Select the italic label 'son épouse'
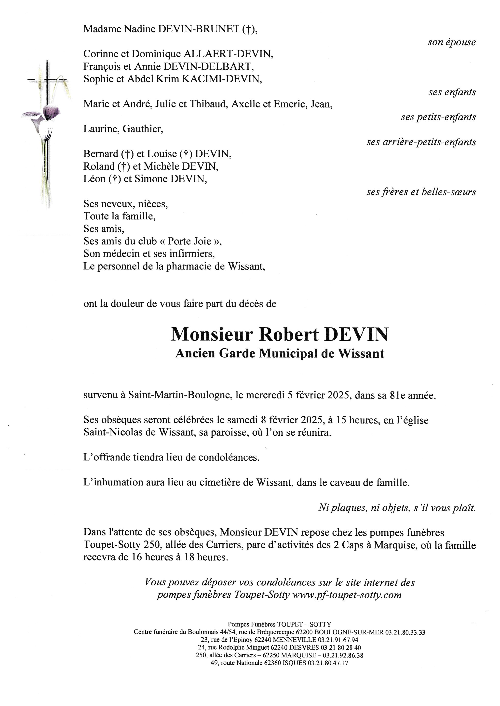[451, 42]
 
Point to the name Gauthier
[143, 129]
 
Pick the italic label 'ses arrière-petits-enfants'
[421, 142]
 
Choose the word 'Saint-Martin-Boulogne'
[180, 395]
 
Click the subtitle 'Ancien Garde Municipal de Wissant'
[280, 354]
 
